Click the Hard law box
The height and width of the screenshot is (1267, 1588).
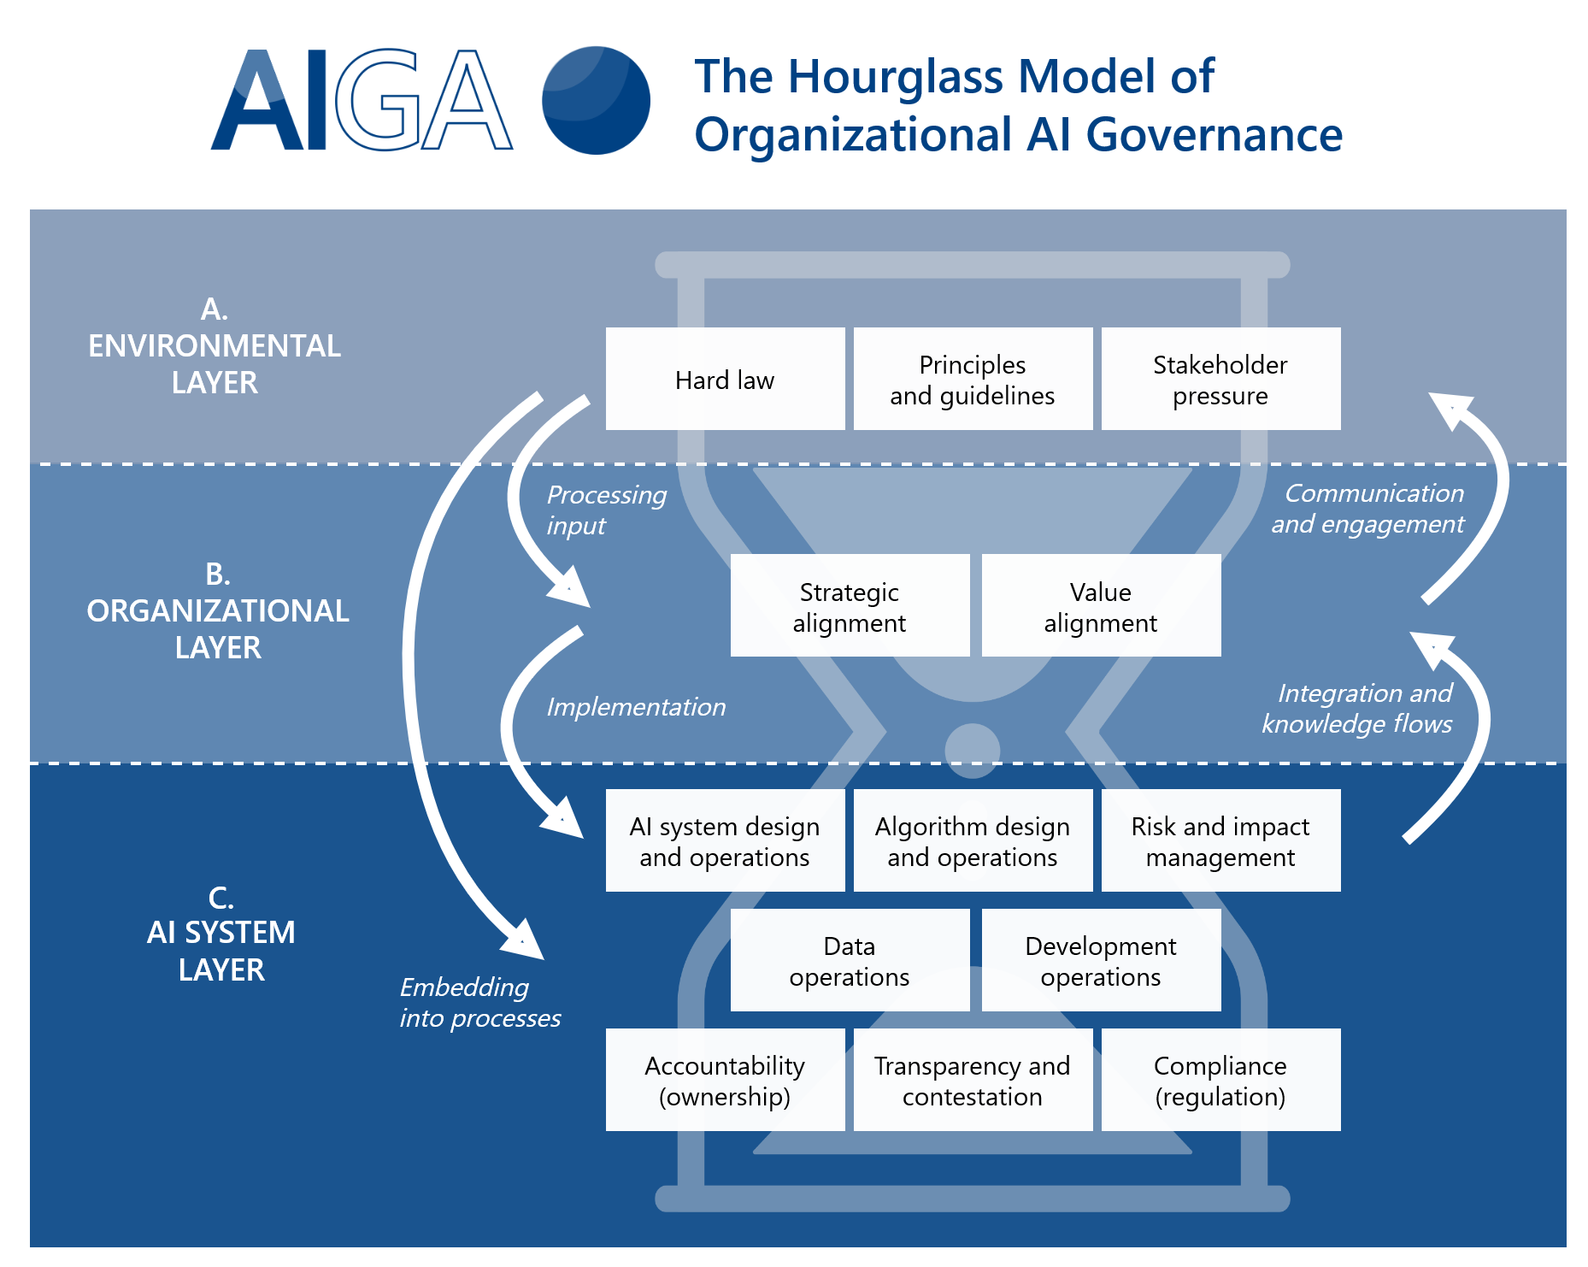(x=725, y=379)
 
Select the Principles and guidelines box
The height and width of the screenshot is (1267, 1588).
(x=973, y=379)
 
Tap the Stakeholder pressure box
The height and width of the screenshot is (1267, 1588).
(x=1220, y=379)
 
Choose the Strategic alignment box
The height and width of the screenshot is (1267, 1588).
(x=850, y=606)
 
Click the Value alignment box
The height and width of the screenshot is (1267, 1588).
(x=1101, y=606)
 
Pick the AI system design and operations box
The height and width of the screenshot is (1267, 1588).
(x=725, y=840)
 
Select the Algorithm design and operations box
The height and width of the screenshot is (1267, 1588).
(x=973, y=840)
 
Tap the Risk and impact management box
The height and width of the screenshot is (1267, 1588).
(x=1220, y=840)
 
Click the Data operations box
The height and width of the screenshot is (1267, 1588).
(x=850, y=960)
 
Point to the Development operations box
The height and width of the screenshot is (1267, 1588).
(x=1101, y=960)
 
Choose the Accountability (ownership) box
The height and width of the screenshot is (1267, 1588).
(x=725, y=1080)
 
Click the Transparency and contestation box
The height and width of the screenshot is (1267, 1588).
(x=973, y=1080)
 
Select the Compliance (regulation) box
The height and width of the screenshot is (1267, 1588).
(x=1220, y=1080)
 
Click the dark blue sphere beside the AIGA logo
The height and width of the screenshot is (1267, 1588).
(x=596, y=100)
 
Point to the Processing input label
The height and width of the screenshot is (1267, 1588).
(x=605, y=510)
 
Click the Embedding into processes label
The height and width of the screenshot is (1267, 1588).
(x=479, y=1002)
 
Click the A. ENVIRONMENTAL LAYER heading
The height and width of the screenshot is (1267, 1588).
(x=215, y=345)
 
